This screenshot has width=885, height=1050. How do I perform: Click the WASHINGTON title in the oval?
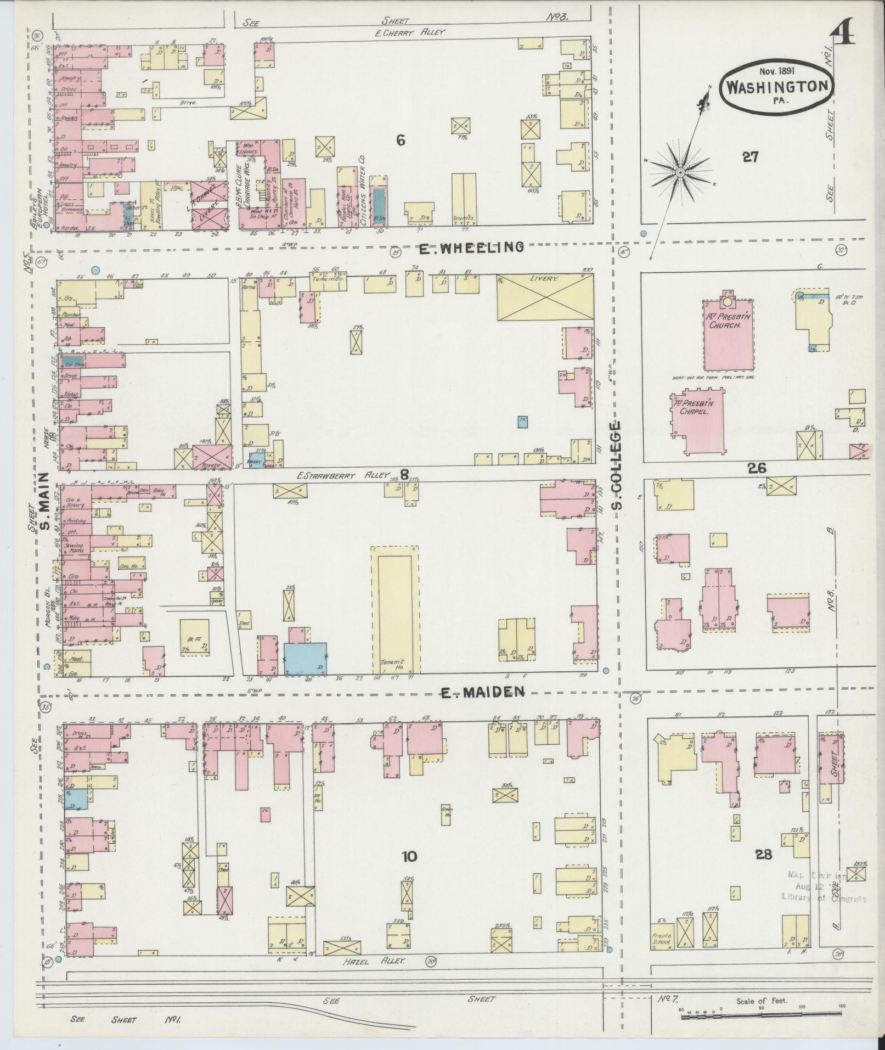pyautogui.click(x=777, y=86)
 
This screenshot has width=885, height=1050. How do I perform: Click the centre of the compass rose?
pyautogui.click(x=680, y=172)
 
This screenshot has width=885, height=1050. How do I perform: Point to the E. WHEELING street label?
pyautogui.click(x=471, y=248)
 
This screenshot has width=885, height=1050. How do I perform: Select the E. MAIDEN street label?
pyautogui.click(x=483, y=693)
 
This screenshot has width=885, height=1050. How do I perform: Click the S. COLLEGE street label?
pyautogui.click(x=618, y=465)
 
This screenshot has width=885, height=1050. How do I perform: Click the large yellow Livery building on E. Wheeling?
pyautogui.click(x=545, y=297)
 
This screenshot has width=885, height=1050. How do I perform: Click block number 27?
pyautogui.click(x=750, y=158)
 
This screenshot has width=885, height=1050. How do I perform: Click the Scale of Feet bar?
pyautogui.click(x=763, y=1017)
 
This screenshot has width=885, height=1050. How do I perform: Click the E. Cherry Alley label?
pyautogui.click(x=410, y=32)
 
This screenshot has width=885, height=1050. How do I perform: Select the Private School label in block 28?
pyautogui.click(x=662, y=939)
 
